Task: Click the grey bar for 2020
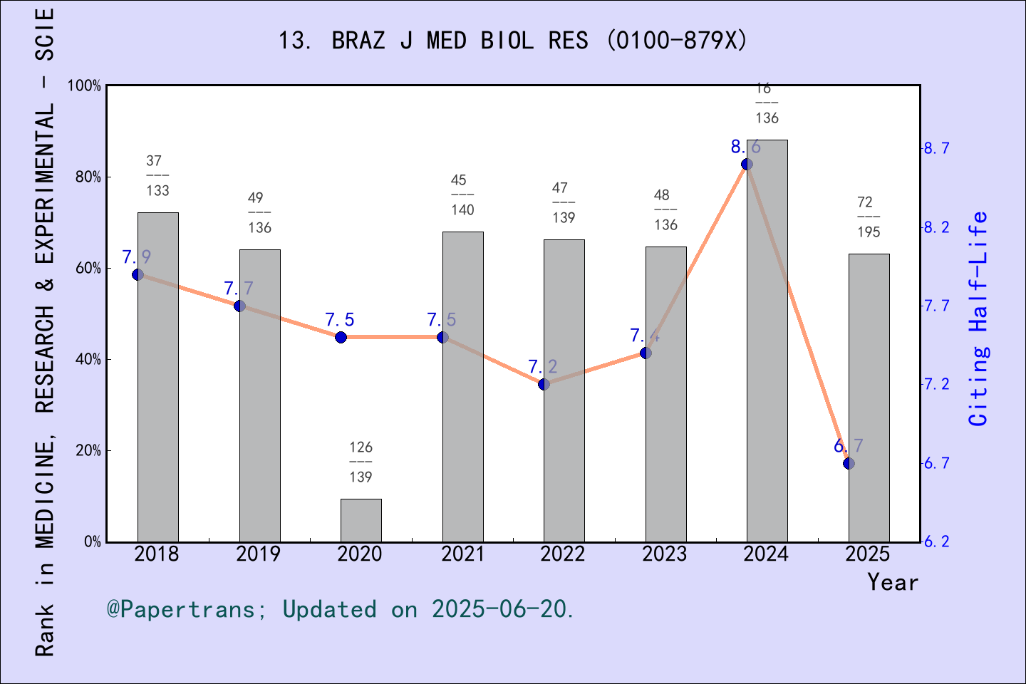click(x=361, y=520)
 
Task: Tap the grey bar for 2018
click(x=158, y=377)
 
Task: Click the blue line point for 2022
click(x=544, y=384)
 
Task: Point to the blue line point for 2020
click(x=341, y=337)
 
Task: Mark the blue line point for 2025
click(x=849, y=463)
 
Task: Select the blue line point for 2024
click(x=747, y=164)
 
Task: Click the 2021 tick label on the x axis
click(x=462, y=554)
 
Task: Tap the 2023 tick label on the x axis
click(x=665, y=554)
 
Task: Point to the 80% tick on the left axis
click(x=88, y=177)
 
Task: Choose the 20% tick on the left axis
click(x=88, y=450)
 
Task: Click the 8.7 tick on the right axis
click(x=937, y=148)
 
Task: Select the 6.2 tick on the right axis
click(x=937, y=541)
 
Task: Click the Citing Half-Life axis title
click(x=979, y=318)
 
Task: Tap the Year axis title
click(x=893, y=583)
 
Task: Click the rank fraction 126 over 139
click(x=361, y=462)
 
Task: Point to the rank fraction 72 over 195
click(x=869, y=217)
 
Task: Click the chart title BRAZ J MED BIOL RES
click(x=513, y=41)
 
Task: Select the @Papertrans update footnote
click(x=341, y=610)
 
